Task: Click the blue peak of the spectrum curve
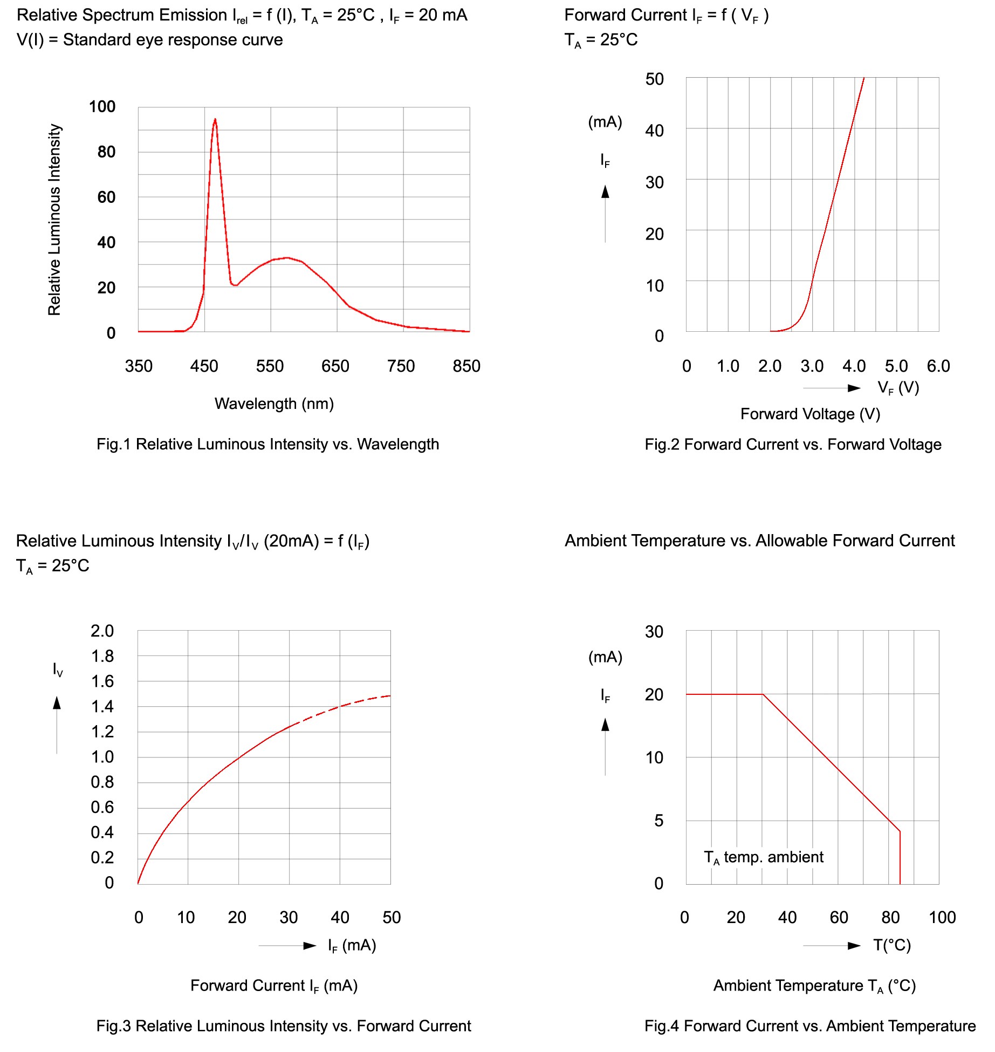(215, 120)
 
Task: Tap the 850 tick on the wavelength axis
(466, 366)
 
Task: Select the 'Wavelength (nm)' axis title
(274, 404)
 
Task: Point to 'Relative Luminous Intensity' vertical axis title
(54, 220)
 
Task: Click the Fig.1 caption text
(267, 444)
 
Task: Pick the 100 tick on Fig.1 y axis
(102, 107)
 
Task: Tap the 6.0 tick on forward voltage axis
(938, 366)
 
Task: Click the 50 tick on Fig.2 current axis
(654, 79)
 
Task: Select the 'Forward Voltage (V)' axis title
(810, 414)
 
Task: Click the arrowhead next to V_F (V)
(854, 388)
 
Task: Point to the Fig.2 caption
(793, 445)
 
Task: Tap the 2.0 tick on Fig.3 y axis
(102, 631)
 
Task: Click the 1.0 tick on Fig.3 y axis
(102, 757)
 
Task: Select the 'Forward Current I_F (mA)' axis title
(274, 986)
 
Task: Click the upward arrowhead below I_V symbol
(57, 702)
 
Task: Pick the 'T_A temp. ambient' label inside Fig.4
(764, 857)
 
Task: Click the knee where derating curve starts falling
(763, 694)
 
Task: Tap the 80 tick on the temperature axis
(890, 918)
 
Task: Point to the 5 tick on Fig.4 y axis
(658, 821)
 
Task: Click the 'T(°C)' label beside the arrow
(892, 945)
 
